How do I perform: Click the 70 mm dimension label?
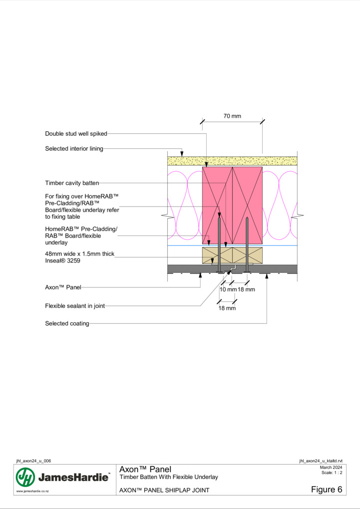232,116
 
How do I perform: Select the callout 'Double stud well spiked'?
76,134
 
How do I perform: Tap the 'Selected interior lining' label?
74,149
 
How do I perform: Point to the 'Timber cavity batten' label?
72,183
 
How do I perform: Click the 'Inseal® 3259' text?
63,260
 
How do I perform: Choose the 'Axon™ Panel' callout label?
63,287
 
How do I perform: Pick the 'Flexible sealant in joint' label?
75,306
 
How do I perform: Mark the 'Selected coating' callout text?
67,324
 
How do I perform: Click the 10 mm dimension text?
228,289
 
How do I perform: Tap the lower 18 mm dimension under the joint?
227,308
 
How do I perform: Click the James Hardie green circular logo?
25,477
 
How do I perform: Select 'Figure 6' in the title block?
327,490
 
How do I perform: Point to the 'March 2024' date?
331,468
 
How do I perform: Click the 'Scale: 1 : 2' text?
332,473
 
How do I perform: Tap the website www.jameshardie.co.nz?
32,492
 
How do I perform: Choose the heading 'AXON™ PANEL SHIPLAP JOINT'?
164,490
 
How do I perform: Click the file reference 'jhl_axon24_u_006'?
33,461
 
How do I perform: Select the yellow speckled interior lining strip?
232,161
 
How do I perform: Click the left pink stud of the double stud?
217,206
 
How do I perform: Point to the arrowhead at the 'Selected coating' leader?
267,276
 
